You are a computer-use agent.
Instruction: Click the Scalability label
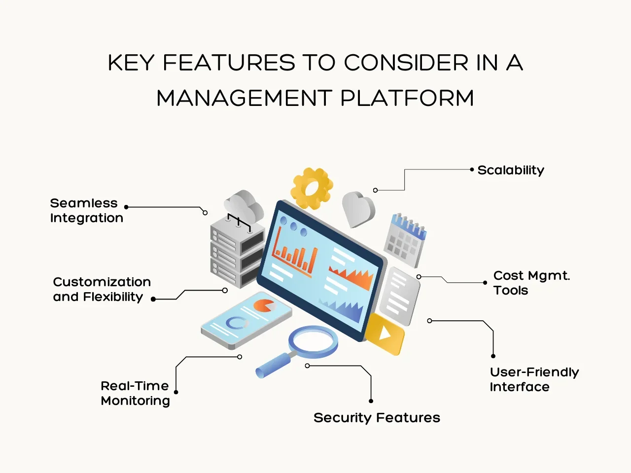coord(511,170)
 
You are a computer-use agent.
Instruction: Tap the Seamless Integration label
coord(86,210)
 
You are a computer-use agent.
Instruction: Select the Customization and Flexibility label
coord(102,289)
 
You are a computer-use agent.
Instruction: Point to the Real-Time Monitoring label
coord(135,393)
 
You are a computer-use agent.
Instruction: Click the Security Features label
coord(377,418)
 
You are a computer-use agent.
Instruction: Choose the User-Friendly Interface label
coord(534,379)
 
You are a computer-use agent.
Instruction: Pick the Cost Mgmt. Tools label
coord(531,283)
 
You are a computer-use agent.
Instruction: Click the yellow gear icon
coord(312,188)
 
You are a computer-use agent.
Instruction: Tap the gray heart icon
coord(358,209)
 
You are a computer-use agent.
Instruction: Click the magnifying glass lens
coord(313,341)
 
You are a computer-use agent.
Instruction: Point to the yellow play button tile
coord(385,334)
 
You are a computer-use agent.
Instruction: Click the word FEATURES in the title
coord(229,63)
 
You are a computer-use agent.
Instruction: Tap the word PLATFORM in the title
coord(407,98)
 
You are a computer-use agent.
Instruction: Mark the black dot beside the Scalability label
coord(472,169)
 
